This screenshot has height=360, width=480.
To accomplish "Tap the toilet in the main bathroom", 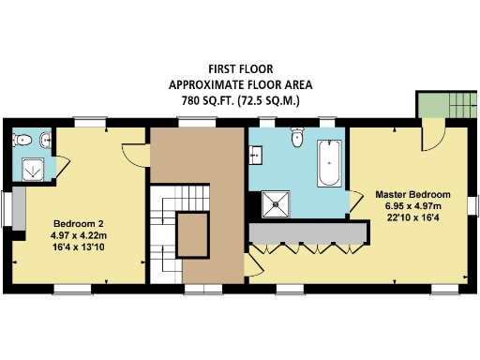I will [x=297, y=138].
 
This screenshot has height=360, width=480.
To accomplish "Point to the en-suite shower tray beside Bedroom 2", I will [x=35, y=170].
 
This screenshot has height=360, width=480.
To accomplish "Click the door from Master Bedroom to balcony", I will [x=432, y=134].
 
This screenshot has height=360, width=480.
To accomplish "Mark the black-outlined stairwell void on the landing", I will [x=195, y=233].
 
